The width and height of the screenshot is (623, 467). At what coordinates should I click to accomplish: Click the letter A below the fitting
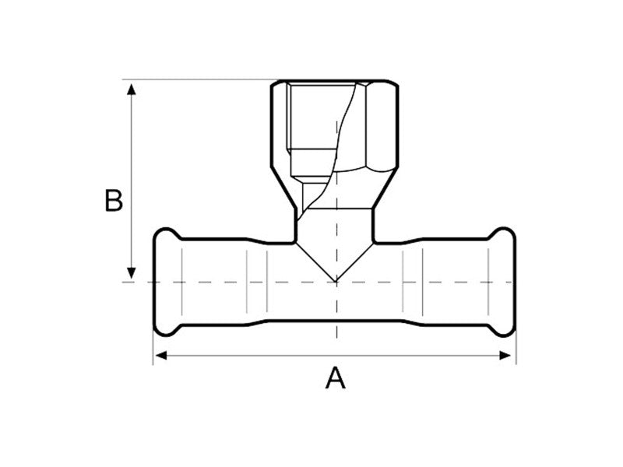point(335,379)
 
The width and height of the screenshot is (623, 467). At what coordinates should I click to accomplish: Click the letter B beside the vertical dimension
point(114,200)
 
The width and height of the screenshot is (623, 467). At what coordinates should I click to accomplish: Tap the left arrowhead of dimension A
point(158,356)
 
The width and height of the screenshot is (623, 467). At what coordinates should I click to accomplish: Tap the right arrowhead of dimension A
point(511,356)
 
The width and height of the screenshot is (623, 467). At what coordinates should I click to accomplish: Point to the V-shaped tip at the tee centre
point(336,281)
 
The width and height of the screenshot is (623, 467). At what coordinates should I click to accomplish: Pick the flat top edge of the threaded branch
point(335,79)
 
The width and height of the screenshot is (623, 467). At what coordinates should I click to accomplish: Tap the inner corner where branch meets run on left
point(295,239)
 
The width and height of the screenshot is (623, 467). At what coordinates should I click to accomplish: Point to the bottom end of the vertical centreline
point(336,339)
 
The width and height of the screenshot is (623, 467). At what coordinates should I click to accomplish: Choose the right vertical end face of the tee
point(516,282)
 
